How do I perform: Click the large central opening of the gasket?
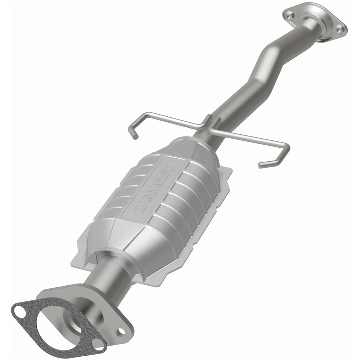pyautogui.click(x=58, y=326)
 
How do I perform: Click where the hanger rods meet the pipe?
pyautogui.click(x=208, y=124)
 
